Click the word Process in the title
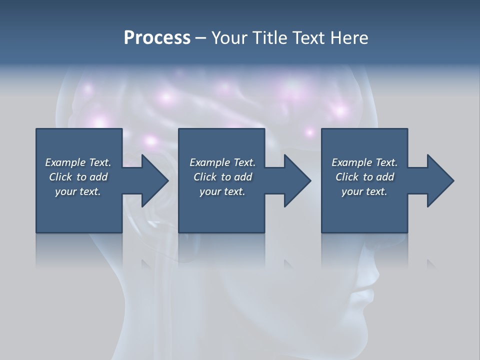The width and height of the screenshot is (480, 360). point(157,38)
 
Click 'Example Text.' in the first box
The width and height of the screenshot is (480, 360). point(78,162)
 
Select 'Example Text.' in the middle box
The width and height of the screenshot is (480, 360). point(222,162)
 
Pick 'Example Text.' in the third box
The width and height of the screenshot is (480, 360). point(364,162)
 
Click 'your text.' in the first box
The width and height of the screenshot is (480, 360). point(78,191)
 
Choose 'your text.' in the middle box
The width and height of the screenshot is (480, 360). point(222,191)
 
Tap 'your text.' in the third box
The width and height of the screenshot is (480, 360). point(364,191)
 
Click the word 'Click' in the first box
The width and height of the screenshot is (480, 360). point(60,177)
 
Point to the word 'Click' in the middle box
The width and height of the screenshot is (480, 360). point(205,177)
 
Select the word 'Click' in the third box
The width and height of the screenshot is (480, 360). point(347,177)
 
